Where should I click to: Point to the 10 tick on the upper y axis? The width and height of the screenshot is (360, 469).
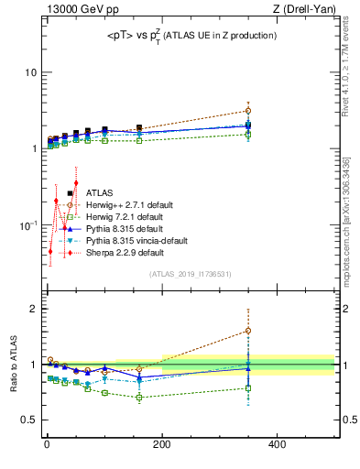click(x=30, y=72)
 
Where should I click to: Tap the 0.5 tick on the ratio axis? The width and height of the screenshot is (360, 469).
click(x=27, y=420)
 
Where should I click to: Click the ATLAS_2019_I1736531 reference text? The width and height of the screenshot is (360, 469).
click(x=190, y=274)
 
